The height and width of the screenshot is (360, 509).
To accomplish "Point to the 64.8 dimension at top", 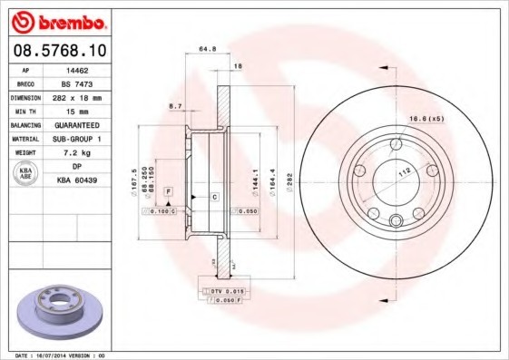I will point(206,51).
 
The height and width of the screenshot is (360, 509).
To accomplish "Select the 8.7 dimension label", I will point(175,106).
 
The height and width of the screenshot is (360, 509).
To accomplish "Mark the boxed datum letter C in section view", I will point(214,196).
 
